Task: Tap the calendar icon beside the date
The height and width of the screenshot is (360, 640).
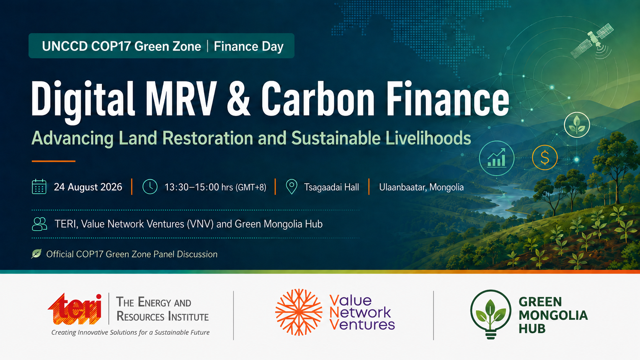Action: click(x=39, y=187)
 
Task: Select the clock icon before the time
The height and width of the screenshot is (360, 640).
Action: click(x=150, y=187)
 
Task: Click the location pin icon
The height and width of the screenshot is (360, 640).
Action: click(x=291, y=187)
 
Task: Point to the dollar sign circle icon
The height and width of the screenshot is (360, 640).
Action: click(x=545, y=158)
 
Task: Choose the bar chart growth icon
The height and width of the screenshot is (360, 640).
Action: click(x=496, y=158)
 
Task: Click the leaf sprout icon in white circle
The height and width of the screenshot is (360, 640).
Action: click(x=577, y=125)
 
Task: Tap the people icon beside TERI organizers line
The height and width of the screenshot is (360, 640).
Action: click(x=39, y=224)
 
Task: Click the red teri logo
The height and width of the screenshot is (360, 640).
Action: click(x=75, y=309)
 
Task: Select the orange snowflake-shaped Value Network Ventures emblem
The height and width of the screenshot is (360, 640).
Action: click(x=299, y=312)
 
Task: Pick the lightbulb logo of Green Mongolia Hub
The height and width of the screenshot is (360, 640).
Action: click(x=491, y=314)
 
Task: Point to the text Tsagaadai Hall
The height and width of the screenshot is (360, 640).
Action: click(x=331, y=187)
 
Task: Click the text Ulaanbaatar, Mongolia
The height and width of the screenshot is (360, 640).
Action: click(x=421, y=187)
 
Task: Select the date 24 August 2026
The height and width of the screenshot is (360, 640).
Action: click(x=88, y=187)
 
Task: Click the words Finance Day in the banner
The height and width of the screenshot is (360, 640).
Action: click(x=248, y=46)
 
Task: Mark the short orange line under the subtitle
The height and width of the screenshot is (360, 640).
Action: click(x=54, y=161)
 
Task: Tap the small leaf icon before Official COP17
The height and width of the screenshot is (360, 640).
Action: click(x=36, y=254)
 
